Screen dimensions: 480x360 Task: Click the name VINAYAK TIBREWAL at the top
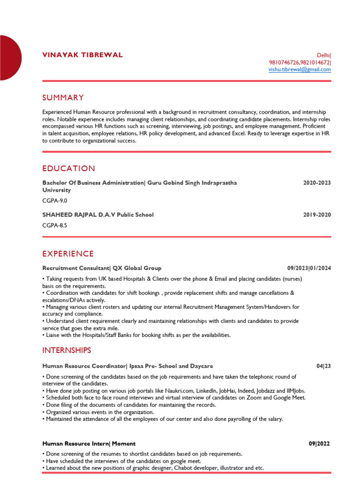click(x=82, y=55)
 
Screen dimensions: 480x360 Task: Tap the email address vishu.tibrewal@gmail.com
click(x=300, y=69)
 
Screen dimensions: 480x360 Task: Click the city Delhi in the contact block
click(x=323, y=55)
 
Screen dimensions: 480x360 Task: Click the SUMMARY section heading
click(x=63, y=97)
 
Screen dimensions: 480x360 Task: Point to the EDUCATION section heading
click(x=68, y=168)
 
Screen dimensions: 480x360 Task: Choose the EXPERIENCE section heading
click(x=68, y=254)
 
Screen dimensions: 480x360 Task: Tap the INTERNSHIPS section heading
click(x=67, y=350)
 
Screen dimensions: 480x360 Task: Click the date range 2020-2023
click(x=317, y=183)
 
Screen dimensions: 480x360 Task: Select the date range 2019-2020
click(x=317, y=215)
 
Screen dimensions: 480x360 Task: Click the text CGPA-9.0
click(x=55, y=201)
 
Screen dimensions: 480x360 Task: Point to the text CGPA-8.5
click(x=55, y=225)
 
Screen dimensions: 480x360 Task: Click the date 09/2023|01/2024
click(x=309, y=268)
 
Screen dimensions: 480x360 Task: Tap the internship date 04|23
click(x=323, y=366)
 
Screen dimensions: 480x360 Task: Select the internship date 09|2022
click(x=320, y=443)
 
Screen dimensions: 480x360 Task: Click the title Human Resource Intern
click(x=75, y=443)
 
